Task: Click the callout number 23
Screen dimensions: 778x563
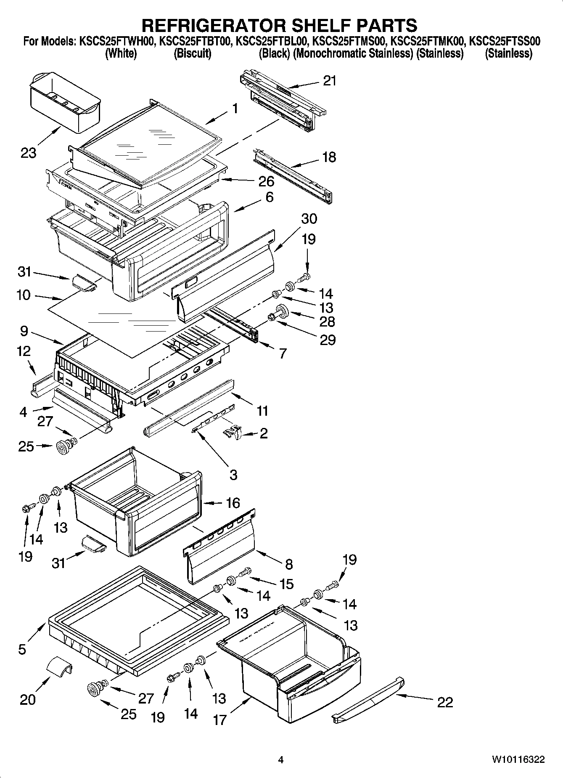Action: point(29,153)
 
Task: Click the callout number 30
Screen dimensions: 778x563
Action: point(309,218)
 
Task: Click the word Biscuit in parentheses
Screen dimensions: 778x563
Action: point(192,54)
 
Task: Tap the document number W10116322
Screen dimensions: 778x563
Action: point(518,759)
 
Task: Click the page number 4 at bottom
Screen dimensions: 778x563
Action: point(281,759)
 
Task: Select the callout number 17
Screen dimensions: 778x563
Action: point(219,720)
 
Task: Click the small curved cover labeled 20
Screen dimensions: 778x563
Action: point(58,666)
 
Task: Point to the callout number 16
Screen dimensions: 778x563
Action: point(233,503)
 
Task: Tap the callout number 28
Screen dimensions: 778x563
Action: point(327,321)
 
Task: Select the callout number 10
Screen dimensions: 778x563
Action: point(24,295)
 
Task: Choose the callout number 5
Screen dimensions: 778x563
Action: point(22,649)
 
